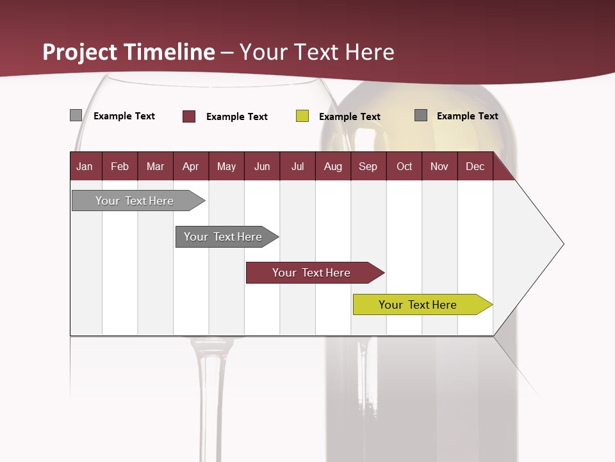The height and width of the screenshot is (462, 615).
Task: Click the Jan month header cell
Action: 85,166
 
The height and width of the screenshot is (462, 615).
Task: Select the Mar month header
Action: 155,166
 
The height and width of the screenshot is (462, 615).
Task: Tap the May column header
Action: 226,166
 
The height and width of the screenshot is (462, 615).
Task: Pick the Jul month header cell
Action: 297,166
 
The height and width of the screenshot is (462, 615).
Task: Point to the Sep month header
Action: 368,166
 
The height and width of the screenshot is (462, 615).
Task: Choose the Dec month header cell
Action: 475,166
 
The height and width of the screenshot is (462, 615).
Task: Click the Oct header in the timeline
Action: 404,166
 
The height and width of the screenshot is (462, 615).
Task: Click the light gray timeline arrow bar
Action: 135,201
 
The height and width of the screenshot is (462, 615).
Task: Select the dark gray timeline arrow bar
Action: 223,237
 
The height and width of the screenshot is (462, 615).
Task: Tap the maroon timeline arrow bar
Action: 311,273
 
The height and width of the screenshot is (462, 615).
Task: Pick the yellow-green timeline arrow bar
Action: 418,305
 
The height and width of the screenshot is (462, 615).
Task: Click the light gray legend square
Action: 76,116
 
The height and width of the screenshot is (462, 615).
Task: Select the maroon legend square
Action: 189,116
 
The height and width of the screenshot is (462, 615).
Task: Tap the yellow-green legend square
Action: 302,116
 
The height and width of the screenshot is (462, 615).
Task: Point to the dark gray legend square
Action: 421,116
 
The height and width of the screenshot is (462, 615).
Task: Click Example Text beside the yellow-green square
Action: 350,117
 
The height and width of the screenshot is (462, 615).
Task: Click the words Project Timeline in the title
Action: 129,52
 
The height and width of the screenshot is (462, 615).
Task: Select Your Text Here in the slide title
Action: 317,52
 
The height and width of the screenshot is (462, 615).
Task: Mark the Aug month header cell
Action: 332,166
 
